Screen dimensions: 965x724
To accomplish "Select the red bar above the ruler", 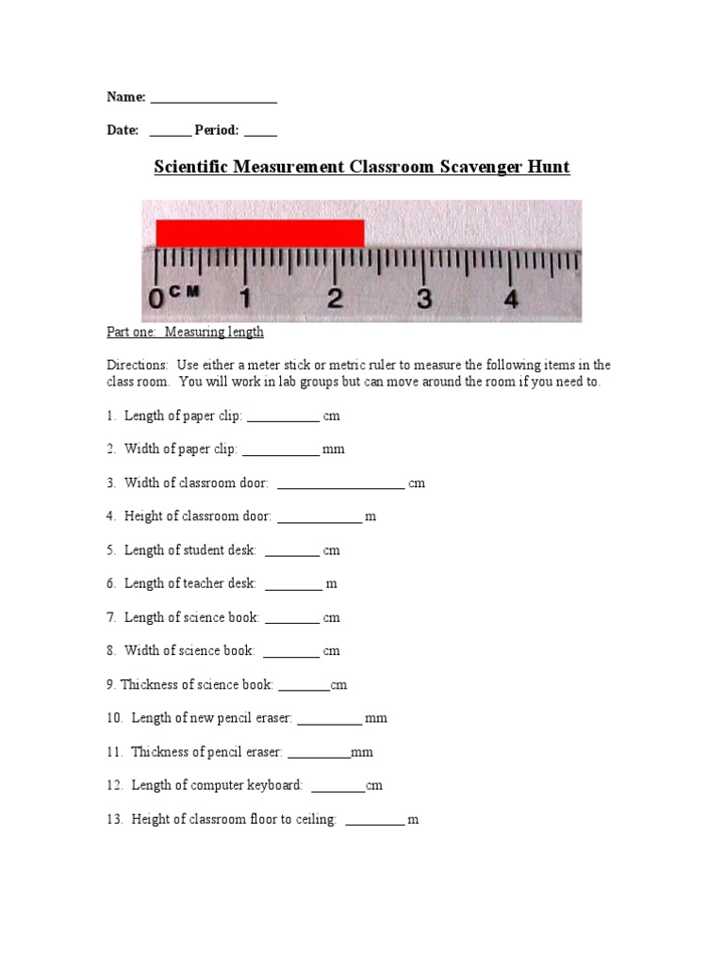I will coord(259,233).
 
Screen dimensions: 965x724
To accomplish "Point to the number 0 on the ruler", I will coord(156,300).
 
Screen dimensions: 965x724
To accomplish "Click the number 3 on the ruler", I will coord(424,300).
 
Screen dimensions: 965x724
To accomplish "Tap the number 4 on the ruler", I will coord(511,300).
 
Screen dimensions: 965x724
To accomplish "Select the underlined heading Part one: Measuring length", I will coord(184,332).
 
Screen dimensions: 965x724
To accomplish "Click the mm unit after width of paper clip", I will coord(334,450).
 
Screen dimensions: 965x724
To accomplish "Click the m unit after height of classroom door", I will coord(370,516).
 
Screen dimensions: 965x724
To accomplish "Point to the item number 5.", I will coord(110,550).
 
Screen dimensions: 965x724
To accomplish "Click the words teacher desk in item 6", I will coord(221,583).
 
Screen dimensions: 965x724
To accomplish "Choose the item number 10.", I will coord(114,718).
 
